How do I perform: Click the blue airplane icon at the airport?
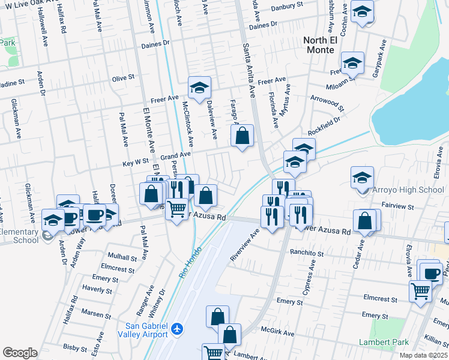176,329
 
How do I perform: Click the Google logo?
20,352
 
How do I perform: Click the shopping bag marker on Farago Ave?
242,137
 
